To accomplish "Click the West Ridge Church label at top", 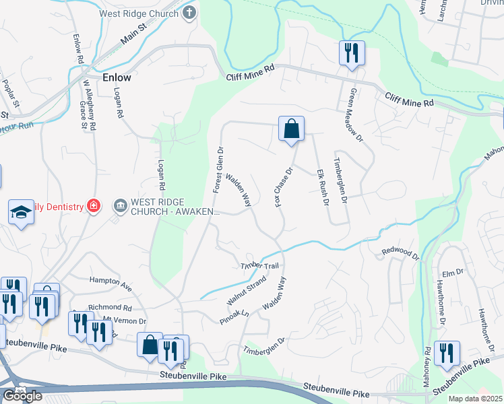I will point(138,12).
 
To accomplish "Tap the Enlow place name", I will point(117,77).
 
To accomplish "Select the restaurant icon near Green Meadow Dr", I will point(351,53).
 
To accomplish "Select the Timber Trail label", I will point(259,267).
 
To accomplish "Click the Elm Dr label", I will point(455,272).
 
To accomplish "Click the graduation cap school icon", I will point(22,213).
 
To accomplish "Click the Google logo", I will point(22,395).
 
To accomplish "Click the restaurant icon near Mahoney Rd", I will point(446,353).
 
